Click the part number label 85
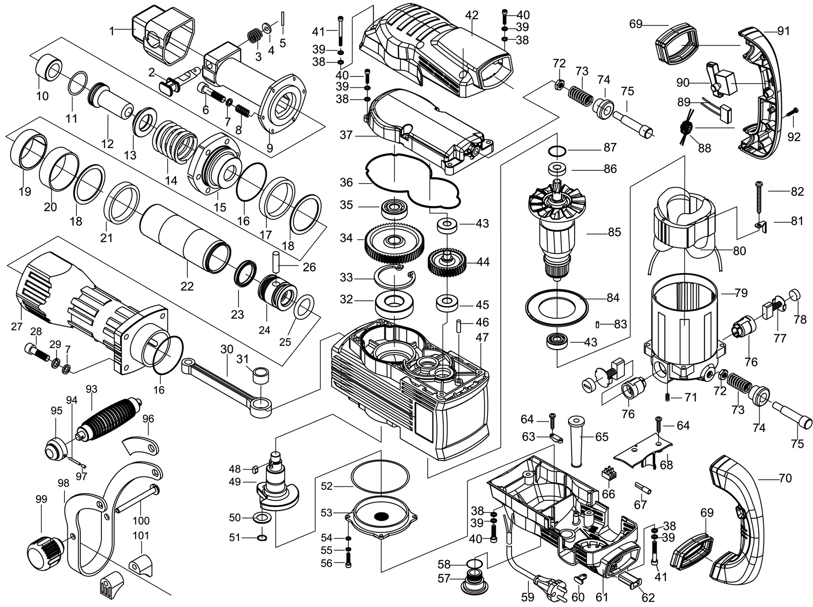click(614, 232)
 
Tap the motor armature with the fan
click(558, 231)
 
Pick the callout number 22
click(187, 286)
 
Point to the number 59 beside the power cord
click(527, 597)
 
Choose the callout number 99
click(41, 499)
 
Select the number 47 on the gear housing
click(482, 337)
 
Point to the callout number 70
click(785, 478)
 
